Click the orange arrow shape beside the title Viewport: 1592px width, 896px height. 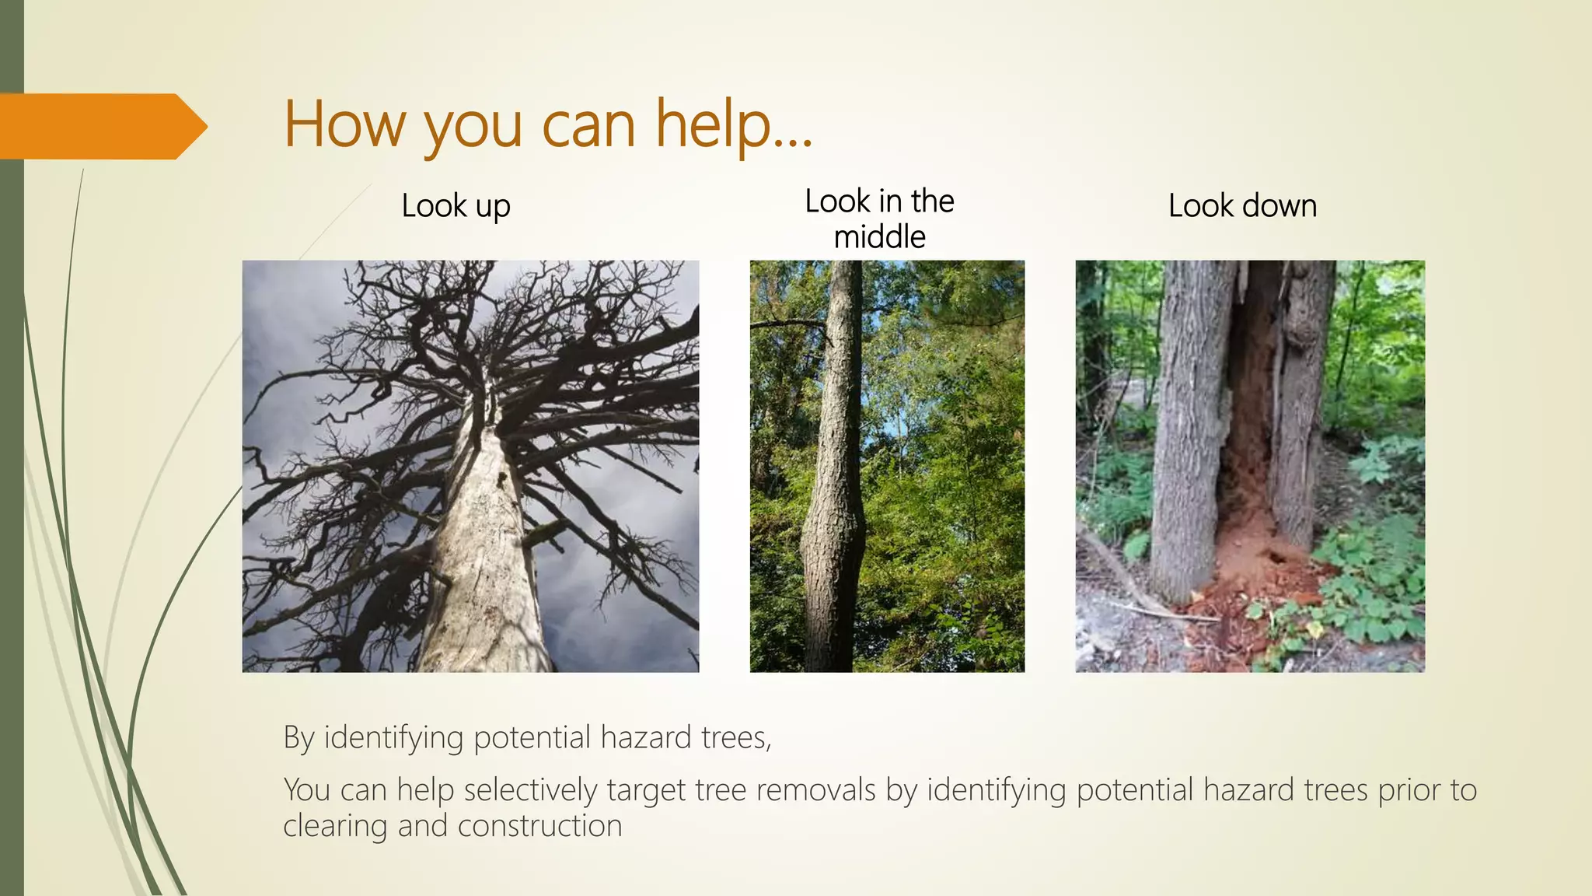click(101, 126)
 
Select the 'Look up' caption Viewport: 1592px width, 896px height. click(456, 206)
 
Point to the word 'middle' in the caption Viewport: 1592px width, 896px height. click(879, 237)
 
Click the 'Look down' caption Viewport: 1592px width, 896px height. click(1242, 206)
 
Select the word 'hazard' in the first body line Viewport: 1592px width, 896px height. click(646, 737)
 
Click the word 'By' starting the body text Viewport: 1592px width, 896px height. click(298, 737)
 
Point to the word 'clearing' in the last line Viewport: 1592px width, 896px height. click(334, 826)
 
